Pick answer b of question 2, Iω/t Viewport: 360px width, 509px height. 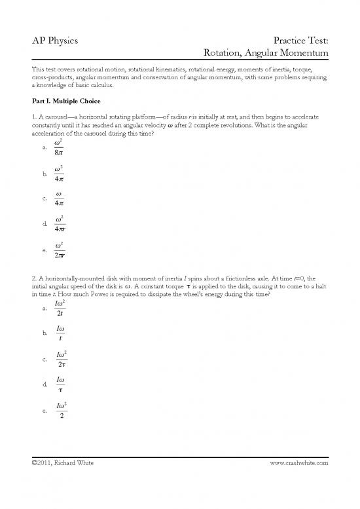pyautogui.click(x=60, y=333)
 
